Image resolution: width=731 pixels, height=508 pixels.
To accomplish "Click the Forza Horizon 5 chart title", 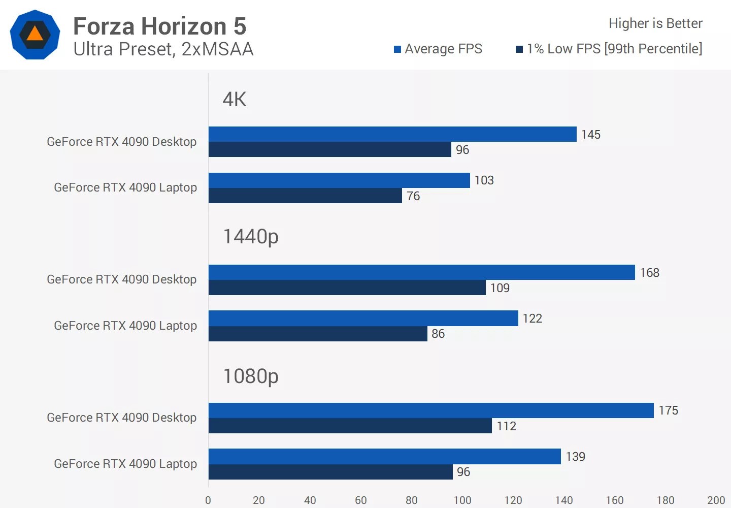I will coord(159,26).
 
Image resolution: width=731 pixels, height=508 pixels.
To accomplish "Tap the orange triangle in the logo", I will coord(35,34).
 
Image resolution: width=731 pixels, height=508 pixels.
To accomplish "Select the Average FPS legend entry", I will coord(438,49).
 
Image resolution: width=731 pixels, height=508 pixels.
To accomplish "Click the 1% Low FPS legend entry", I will coord(609,49).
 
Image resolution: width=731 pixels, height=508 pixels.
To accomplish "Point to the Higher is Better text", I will coord(655,23).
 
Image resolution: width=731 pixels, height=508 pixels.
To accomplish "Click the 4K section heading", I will coord(234,99).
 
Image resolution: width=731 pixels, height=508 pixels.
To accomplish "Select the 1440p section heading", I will coord(251,237).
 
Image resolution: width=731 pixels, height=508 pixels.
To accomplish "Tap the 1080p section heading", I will coord(251,376).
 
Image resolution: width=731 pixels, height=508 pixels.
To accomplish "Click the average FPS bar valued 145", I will coord(392,134).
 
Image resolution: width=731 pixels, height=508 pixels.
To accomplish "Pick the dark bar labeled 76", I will coord(305,196).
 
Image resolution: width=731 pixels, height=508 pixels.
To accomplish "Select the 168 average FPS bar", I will coord(421,272).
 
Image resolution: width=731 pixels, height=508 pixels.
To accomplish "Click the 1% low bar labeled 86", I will coord(317,334).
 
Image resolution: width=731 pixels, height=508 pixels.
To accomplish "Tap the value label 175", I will coord(668,410).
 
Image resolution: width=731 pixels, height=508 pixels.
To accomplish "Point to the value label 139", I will coord(575,457).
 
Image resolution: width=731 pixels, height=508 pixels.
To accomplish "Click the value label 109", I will coord(500,288).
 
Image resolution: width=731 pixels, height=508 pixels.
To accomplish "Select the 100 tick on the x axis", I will coord(462,500).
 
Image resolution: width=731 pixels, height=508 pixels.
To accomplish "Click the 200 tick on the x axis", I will coord(716,500).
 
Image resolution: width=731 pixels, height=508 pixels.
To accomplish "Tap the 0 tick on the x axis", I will coord(208,500).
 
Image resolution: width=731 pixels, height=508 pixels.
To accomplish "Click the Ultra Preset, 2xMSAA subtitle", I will coord(163,49).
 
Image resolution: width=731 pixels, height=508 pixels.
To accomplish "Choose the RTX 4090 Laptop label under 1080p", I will coord(125,464).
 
